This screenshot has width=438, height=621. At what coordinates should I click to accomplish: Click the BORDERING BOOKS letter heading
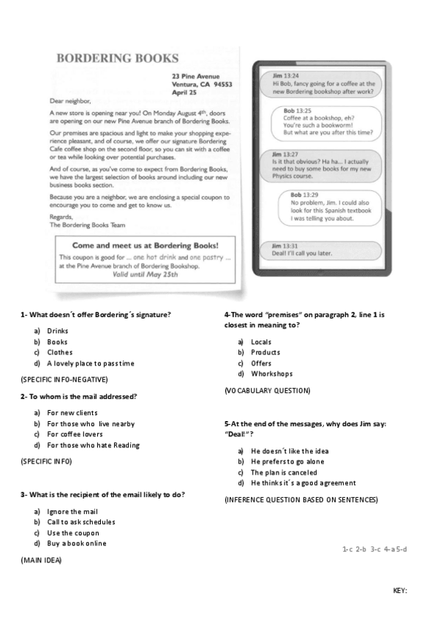(x=117, y=58)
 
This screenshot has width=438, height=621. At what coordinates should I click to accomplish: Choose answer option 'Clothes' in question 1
(x=59, y=352)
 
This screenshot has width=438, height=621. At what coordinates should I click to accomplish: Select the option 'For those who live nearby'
(x=91, y=423)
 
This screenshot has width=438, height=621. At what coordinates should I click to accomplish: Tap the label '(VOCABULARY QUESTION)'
(x=267, y=391)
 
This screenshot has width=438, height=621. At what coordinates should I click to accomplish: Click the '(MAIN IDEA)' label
(x=41, y=559)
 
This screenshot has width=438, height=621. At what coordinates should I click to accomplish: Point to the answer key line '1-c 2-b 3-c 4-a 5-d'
(x=374, y=549)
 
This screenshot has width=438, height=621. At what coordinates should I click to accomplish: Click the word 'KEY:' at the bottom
(x=400, y=590)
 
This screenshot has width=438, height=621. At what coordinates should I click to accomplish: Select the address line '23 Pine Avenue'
(x=196, y=75)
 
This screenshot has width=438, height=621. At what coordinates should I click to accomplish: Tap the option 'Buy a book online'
(x=76, y=543)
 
